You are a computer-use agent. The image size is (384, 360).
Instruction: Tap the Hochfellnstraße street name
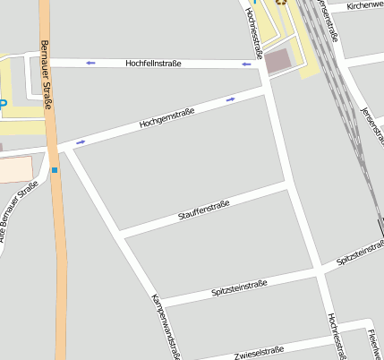tap(153, 64)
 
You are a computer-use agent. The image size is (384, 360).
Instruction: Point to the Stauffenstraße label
tap(204, 211)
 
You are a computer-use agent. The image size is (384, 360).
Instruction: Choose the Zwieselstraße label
tap(259, 351)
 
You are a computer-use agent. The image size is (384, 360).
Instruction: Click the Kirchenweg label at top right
tap(364, 5)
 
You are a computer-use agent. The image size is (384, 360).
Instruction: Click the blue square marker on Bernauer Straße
tap(55, 169)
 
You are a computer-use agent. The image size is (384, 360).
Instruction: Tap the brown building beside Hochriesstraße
tap(279, 61)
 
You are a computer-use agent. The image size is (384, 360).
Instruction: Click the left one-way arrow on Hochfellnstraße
tap(90, 63)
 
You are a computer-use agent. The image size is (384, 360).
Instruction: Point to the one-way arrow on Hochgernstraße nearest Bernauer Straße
tap(81, 141)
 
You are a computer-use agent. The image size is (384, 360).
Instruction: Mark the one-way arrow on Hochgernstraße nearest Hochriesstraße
tap(231, 99)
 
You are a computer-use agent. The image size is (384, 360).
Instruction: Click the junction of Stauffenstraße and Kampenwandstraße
tap(123, 236)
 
